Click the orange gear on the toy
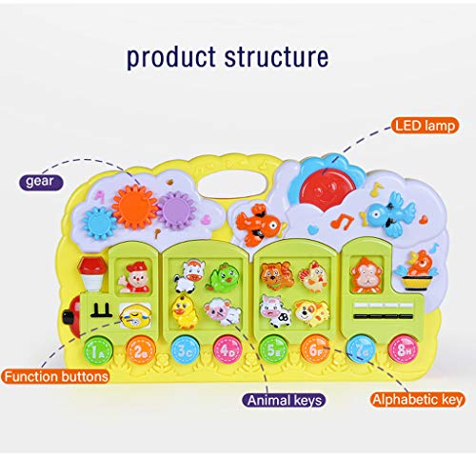(x=135, y=207)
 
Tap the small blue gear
(x=100, y=223)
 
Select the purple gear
(x=176, y=210)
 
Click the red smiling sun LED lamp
(x=327, y=189)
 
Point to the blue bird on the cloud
(x=388, y=213)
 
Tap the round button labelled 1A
(x=98, y=351)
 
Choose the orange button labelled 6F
(x=315, y=349)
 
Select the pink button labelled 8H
(x=403, y=349)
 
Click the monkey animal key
(x=367, y=275)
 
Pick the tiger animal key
(x=276, y=275)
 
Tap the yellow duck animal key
(x=184, y=311)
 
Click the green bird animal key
(x=225, y=277)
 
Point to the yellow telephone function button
(x=135, y=315)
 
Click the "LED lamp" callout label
(x=425, y=126)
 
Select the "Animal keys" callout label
(x=284, y=400)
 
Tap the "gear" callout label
(x=40, y=182)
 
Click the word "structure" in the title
(x=276, y=57)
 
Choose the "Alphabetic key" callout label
(x=417, y=400)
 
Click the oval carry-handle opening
(x=235, y=186)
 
